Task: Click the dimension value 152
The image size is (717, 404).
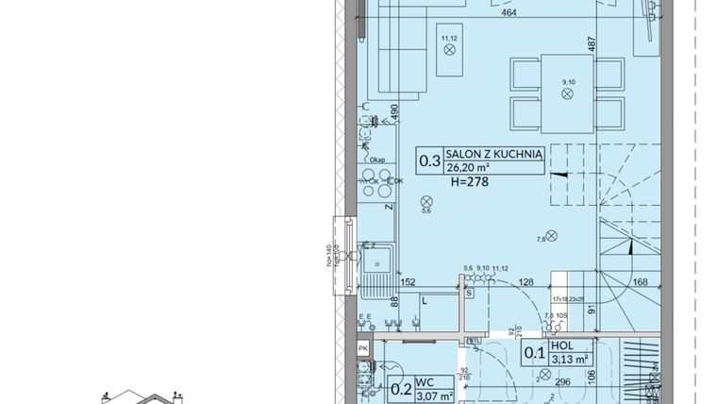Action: [x=408, y=280]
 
